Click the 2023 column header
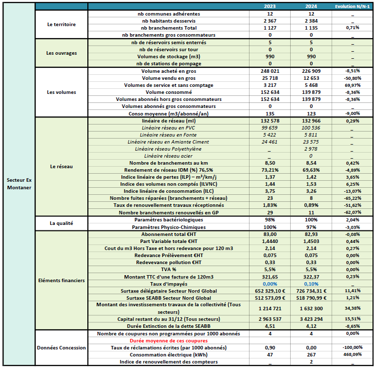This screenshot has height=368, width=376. pos(271,6)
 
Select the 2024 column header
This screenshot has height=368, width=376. pos(312,6)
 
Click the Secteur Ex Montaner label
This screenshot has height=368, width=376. pos(19,183)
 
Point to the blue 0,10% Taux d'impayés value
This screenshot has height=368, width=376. pos(312,284)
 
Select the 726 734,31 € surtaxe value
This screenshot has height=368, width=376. pos(312,291)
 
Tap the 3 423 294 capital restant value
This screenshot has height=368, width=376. pos(312,319)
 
